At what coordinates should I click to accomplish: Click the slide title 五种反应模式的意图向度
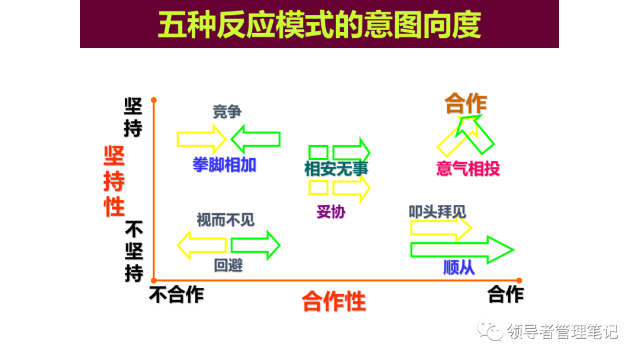pos(319,25)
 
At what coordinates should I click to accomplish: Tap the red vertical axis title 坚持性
pos(114,181)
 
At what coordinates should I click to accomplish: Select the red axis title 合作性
pos(334,301)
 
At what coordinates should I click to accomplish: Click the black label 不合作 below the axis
pos(176,294)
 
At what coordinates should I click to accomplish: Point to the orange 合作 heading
pos(466,104)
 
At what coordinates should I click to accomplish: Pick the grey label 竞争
pos(227,112)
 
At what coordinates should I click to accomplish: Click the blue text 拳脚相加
pos(224,165)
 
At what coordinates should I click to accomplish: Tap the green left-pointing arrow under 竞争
pos(255,139)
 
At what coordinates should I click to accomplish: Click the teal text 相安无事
pos(336,169)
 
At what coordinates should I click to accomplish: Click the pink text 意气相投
pos(467,169)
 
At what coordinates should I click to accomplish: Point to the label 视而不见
pos(225,220)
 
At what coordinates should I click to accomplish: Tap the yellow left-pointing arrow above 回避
pos(202,245)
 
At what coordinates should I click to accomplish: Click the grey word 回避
pos(228,265)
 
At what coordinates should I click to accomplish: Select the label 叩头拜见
pos(437,211)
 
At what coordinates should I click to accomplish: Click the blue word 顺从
pos(459,268)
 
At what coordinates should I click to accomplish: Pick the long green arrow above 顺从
pos(461,250)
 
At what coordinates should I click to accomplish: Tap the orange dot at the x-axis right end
pos(519,281)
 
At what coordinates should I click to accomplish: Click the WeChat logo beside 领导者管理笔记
pos(490,331)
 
